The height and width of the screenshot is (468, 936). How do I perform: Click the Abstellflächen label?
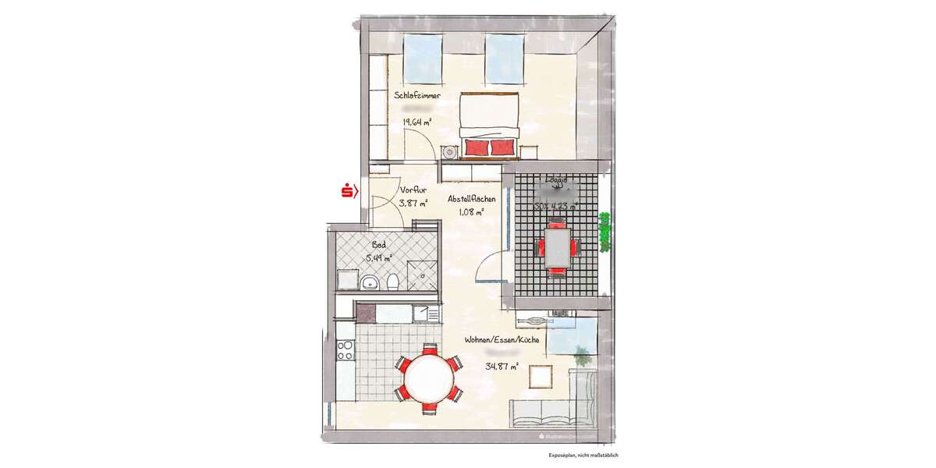click(x=471, y=199)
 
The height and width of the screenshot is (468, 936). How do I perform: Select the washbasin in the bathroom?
click(x=368, y=281)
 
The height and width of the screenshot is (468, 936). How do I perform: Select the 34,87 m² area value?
click(x=502, y=367)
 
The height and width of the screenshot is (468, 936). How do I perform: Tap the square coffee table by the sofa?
click(x=541, y=376)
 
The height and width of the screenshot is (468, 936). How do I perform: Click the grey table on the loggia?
click(x=556, y=247)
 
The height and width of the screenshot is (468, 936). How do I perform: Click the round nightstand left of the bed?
click(x=450, y=153)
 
